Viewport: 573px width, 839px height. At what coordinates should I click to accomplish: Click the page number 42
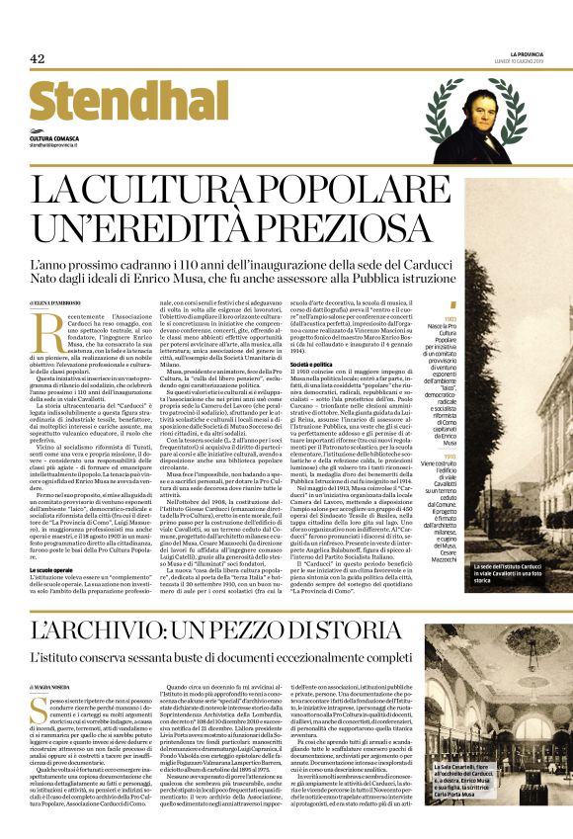click(x=38, y=59)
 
